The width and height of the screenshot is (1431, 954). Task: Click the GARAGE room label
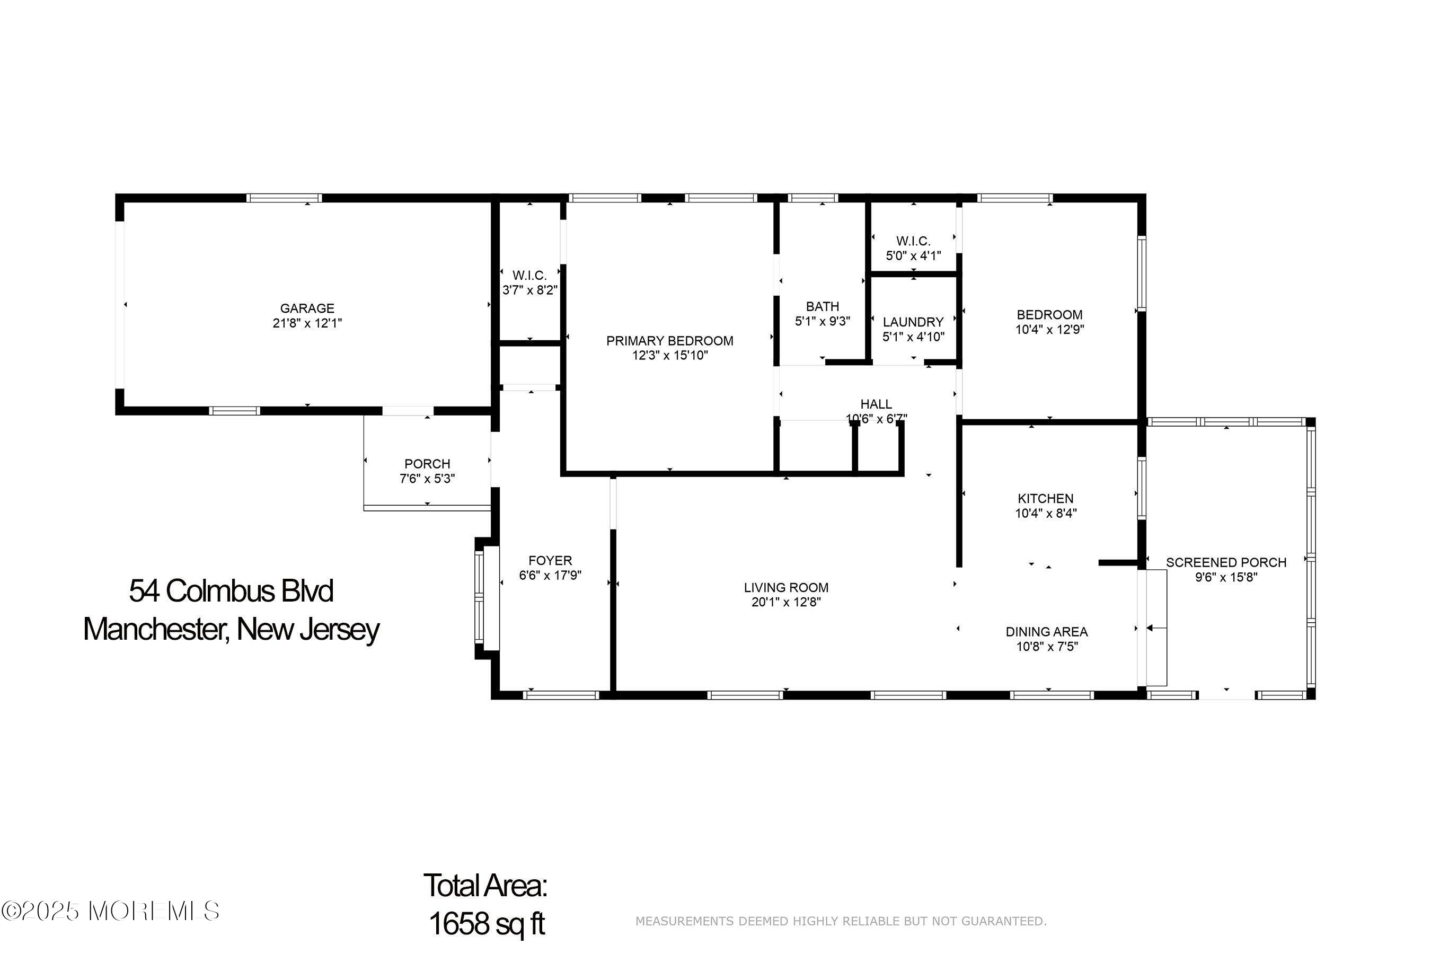(x=307, y=308)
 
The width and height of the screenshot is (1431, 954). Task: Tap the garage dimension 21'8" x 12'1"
(x=307, y=323)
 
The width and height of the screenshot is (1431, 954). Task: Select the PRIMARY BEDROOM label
(x=670, y=341)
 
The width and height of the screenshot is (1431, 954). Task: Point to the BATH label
(x=823, y=307)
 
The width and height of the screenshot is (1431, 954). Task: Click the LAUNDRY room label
(x=913, y=322)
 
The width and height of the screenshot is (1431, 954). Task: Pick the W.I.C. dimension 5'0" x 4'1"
(x=913, y=255)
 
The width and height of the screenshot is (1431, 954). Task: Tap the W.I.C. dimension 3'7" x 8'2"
(x=530, y=290)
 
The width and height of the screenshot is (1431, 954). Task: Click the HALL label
(x=876, y=404)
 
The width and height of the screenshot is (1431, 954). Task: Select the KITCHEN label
(x=1046, y=498)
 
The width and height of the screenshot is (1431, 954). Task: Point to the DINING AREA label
(x=1046, y=632)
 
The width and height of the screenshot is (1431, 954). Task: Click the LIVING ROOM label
(x=786, y=588)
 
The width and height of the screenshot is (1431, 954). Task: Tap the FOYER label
(x=550, y=560)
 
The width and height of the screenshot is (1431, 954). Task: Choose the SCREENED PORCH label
(x=1226, y=563)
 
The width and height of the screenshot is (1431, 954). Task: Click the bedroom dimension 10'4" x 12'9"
(x=1049, y=330)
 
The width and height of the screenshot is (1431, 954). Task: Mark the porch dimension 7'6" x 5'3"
(x=427, y=479)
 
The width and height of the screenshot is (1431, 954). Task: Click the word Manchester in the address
(x=156, y=630)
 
